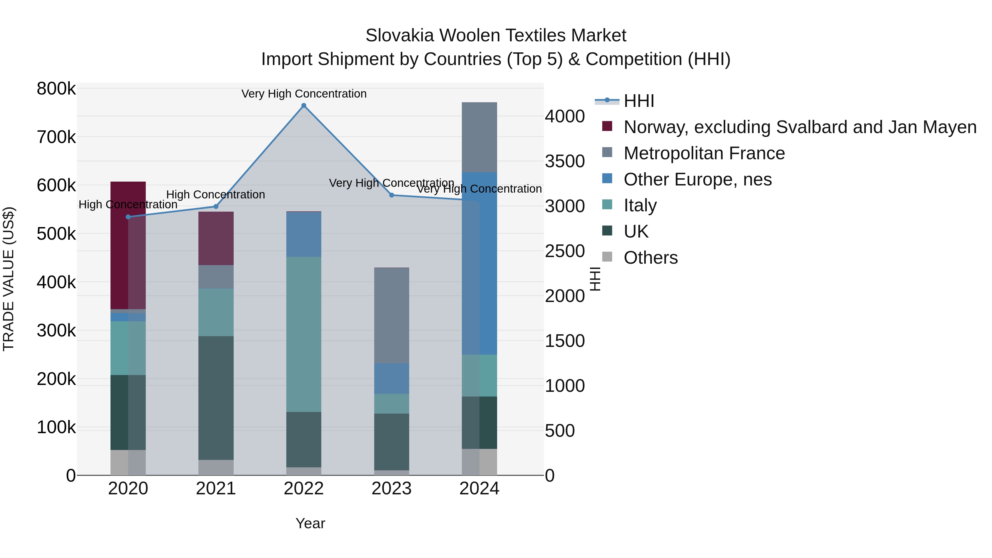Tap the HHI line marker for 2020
coord(128,217)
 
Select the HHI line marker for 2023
coord(392,195)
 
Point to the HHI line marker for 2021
coord(216,207)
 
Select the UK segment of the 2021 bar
coord(216,398)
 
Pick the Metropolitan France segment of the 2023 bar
coord(392,316)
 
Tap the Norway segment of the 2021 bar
coord(216,238)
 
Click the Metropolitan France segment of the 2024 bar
coord(479,137)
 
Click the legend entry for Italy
coord(640,206)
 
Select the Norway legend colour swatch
coord(607,126)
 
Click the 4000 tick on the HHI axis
coord(565,116)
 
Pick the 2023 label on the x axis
coord(392,489)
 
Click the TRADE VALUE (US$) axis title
coord(9,279)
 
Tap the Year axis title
coord(310,523)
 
